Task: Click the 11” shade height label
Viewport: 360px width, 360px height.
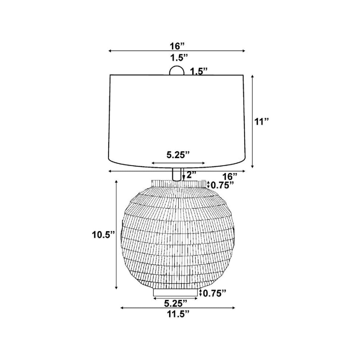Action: [261, 122]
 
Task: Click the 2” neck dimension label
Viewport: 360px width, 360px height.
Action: [191, 175]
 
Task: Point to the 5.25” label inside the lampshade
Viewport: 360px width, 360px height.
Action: [178, 155]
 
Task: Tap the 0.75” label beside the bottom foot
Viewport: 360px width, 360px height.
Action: [215, 293]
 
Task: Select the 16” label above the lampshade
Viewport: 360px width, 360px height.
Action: [177, 46]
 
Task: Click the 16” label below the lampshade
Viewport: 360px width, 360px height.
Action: [230, 176]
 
